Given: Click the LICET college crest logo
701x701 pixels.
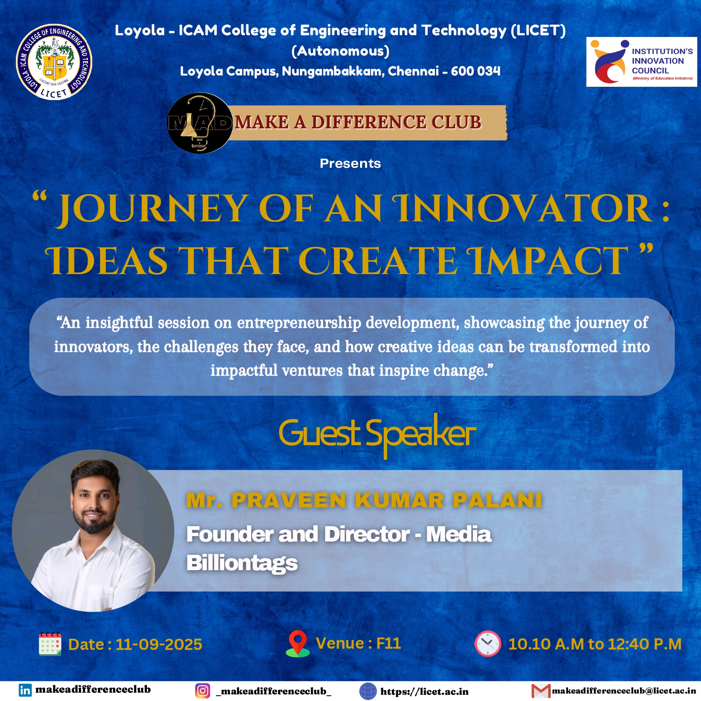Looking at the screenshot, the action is (x=54, y=61).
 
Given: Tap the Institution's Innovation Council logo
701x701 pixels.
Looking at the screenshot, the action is (x=642, y=62).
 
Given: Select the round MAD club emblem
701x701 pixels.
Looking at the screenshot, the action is (x=199, y=123).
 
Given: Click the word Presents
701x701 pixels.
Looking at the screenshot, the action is (x=350, y=164).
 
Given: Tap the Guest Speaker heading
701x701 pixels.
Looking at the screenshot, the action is (x=377, y=434).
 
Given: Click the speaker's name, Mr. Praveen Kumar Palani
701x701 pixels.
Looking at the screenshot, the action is (x=364, y=500).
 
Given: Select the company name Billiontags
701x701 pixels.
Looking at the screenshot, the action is (x=242, y=564).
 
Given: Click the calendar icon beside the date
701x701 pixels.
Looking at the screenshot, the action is (x=50, y=644).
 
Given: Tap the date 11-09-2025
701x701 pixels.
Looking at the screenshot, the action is (x=159, y=645).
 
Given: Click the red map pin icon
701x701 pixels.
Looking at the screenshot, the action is (x=298, y=644).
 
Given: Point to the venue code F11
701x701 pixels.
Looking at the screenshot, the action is (x=388, y=643).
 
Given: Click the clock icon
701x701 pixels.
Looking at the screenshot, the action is (x=488, y=644).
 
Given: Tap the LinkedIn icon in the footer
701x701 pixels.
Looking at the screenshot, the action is (x=25, y=690).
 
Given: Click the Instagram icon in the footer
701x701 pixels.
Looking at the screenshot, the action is (x=202, y=691).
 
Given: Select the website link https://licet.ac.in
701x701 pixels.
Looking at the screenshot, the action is (x=424, y=691).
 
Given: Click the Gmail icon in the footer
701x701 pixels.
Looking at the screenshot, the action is (x=541, y=691).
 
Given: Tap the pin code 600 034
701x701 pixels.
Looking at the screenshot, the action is (x=476, y=71).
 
